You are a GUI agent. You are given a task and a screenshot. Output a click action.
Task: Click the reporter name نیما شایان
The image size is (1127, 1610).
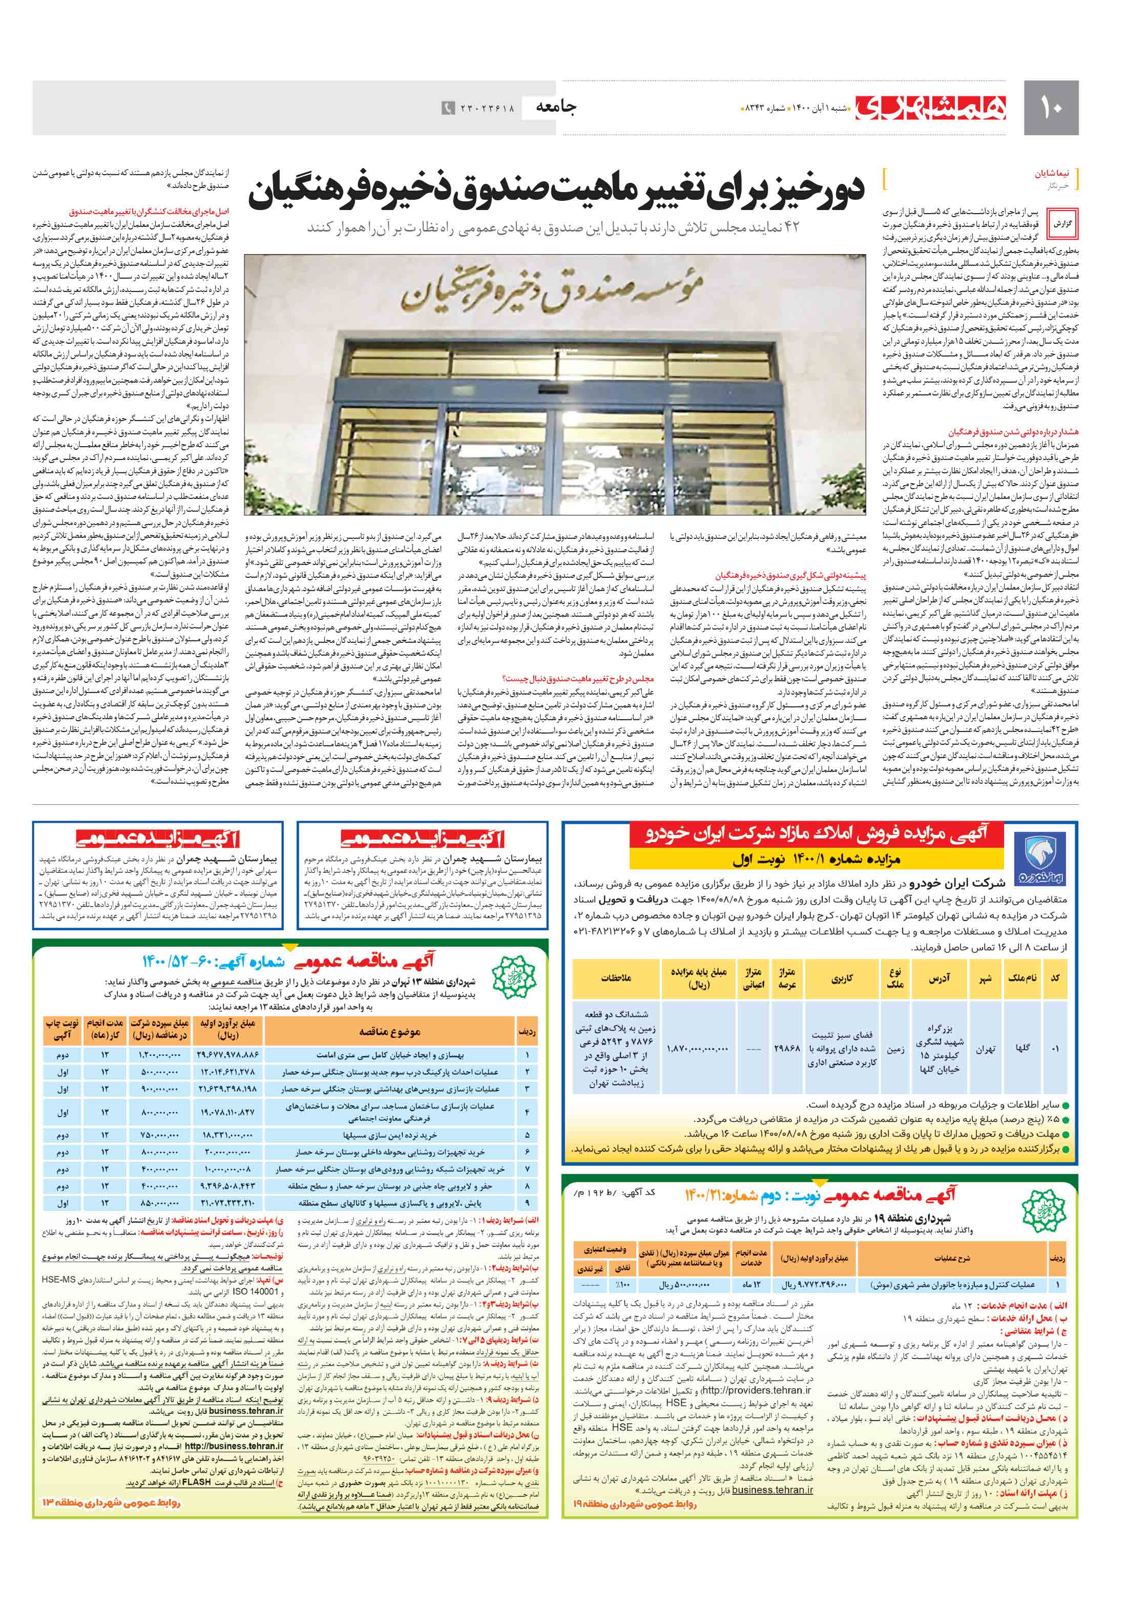(x=1055, y=173)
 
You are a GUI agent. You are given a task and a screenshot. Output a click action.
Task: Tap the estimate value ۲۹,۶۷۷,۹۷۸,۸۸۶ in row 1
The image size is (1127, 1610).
(x=228, y=1055)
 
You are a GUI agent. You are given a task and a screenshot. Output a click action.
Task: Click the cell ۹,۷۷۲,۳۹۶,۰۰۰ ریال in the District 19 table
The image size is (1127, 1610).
(x=814, y=1285)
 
